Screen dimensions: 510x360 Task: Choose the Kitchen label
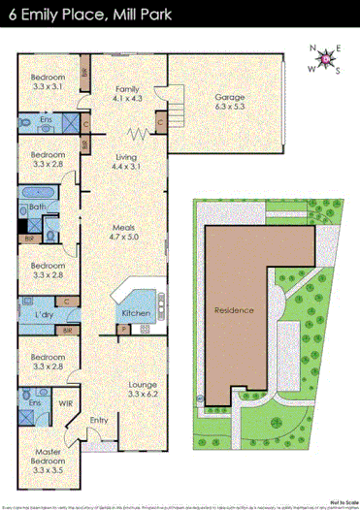point(135,314)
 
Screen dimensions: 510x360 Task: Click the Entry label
point(99,419)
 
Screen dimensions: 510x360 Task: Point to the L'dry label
point(42,316)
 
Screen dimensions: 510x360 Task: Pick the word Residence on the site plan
point(234,310)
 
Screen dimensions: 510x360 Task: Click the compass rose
point(326,60)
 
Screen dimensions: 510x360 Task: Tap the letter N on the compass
point(312,48)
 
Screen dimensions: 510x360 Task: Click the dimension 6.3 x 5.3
point(229,107)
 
